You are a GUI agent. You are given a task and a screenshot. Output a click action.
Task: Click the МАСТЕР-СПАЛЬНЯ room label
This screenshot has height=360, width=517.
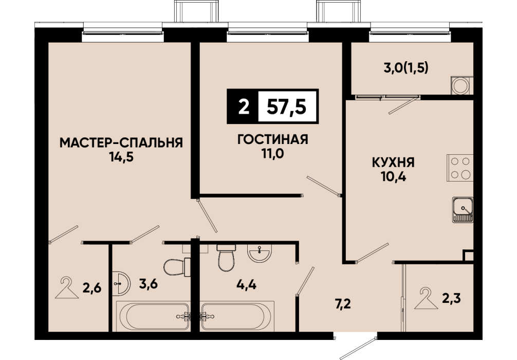coord(121,142)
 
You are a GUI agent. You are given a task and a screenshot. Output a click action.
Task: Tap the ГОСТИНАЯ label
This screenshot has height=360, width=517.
coord(273,139)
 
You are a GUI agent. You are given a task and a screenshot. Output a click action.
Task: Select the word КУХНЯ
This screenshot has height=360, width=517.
coord(393,163)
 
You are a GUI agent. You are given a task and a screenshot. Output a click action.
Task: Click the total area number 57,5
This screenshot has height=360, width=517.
coord(287,106)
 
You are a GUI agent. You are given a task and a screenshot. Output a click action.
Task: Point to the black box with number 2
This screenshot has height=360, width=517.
coord(243,106)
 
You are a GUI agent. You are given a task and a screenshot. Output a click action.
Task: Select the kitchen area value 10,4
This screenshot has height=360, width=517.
coord(393,177)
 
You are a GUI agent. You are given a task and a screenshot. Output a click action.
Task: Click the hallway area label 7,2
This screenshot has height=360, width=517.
coord(343,303)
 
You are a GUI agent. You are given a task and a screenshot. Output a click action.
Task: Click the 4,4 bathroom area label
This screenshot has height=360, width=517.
coord(246,284)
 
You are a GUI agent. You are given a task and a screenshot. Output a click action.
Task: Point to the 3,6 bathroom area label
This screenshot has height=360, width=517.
coord(149,283)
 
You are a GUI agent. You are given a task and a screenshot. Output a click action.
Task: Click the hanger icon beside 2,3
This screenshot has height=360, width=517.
coord(426,298)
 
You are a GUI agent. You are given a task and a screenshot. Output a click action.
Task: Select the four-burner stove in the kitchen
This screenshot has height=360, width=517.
coord(460,168)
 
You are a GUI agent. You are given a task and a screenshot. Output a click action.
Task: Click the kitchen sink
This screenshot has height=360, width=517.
coord(463,209)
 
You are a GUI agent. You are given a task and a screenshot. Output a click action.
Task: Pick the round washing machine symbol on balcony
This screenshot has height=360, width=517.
coord(460,85)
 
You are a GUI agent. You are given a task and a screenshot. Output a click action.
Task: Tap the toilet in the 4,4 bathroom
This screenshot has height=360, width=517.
coord(226,258)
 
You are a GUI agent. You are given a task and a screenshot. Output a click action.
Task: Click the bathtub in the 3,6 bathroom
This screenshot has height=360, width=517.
coord(153,316)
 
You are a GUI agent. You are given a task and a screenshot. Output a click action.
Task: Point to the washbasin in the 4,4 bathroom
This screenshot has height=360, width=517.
coord(260,254)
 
